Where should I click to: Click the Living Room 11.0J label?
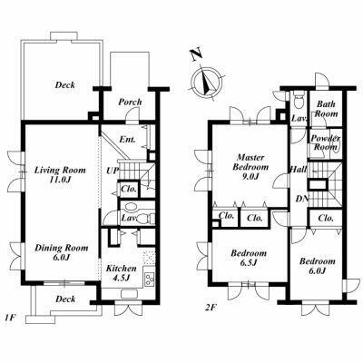click(x=60, y=174)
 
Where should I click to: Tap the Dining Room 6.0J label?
click(x=62, y=252)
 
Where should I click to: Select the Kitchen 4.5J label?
click(x=121, y=273)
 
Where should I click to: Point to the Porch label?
click(x=130, y=103)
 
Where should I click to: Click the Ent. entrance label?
click(x=127, y=140)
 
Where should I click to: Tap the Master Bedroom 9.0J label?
click(x=250, y=167)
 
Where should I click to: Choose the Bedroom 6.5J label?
click(x=249, y=258)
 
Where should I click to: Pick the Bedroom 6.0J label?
click(x=318, y=265)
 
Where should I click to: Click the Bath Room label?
click(x=326, y=109)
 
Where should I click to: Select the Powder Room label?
click(x=325, y=142)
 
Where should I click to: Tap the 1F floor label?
click(x=10, y=318)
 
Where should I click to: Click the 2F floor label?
click(x=211, y=308)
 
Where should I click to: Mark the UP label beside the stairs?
click(x=112, y=171)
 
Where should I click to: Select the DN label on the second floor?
click(x=302, y=199)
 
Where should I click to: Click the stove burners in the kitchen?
click(x=149, y=279)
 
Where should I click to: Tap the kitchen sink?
click(x=130, y=294)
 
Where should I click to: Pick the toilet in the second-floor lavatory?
click(x=299, y=102)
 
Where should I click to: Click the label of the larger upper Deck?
click(x=64, y=84)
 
